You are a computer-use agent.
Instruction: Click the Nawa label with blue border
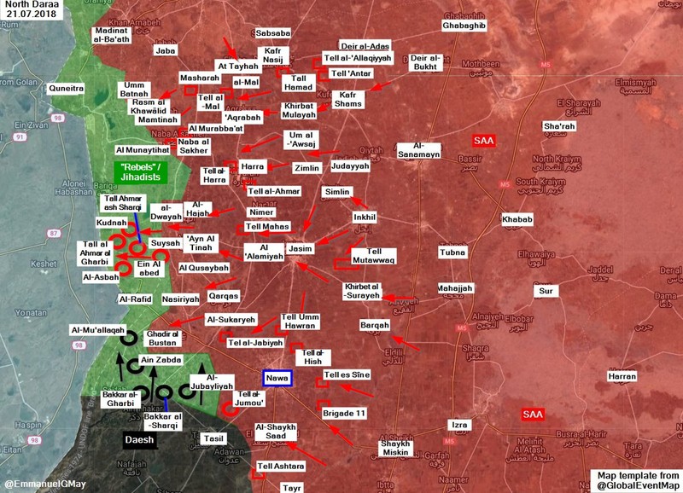click(x=277, y=378)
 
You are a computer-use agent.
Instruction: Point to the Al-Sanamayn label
click(x=418, y=149)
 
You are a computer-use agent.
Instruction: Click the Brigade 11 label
click(x=344, y=413)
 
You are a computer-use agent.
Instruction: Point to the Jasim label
click(x=300, y=248)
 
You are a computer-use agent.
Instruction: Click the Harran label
click(x=622, y=376)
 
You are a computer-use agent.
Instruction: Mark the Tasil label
click(x=214, y=438)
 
